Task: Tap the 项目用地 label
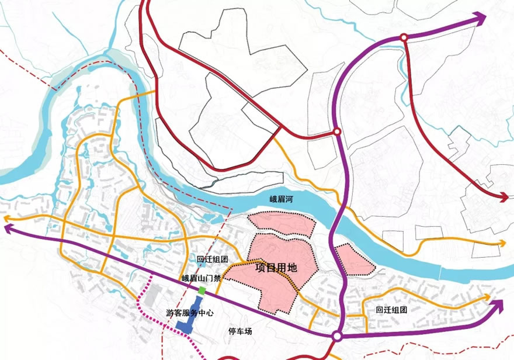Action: pyautogui.click(x=277, y=268)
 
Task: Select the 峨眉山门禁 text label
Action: pyautogui.click(x=201, y=278)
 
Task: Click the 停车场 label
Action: pyautogui.click(x=239, y=331)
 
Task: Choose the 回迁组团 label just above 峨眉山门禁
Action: pyautogui.click(x=212, y=259)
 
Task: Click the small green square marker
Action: pyautogui.click(x=202, y=290)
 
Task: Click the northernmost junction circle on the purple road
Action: pyautogui.click(x=404, y=38)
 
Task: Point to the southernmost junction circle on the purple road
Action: pyautogui.click(x=337, y=336)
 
